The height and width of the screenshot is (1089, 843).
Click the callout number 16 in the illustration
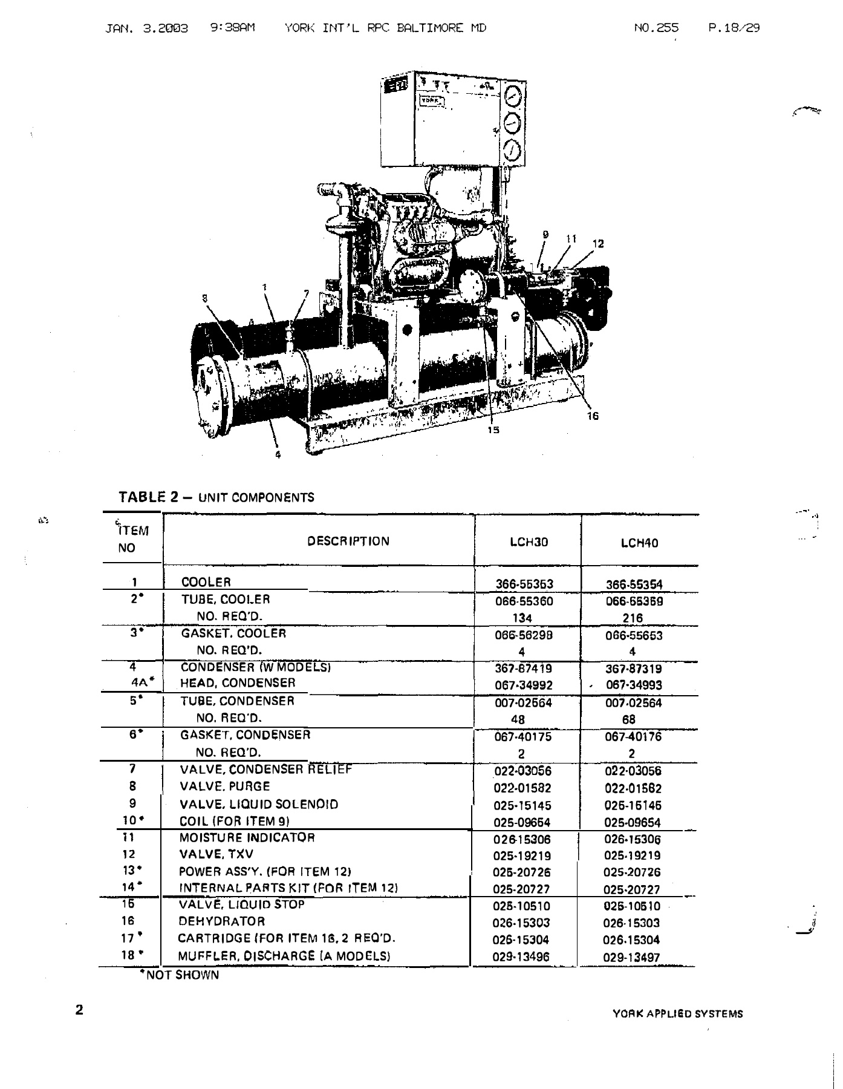[593, 416]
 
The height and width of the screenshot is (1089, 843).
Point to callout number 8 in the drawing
[205, 297]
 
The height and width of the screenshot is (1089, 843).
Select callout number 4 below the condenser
[278, 455]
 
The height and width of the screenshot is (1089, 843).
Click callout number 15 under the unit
[493, 430]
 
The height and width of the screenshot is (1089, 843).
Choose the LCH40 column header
[639, 543]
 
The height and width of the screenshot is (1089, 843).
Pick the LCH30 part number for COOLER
[524, 584]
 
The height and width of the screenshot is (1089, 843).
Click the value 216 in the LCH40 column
[633, 618]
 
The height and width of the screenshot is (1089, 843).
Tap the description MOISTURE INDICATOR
[247, 838]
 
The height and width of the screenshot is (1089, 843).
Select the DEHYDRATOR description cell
[221, 921]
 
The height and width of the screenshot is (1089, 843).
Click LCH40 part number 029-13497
[632, 957]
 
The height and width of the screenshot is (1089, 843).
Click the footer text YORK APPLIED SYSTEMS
[677, 1014]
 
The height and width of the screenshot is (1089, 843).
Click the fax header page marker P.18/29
[733, 28]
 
